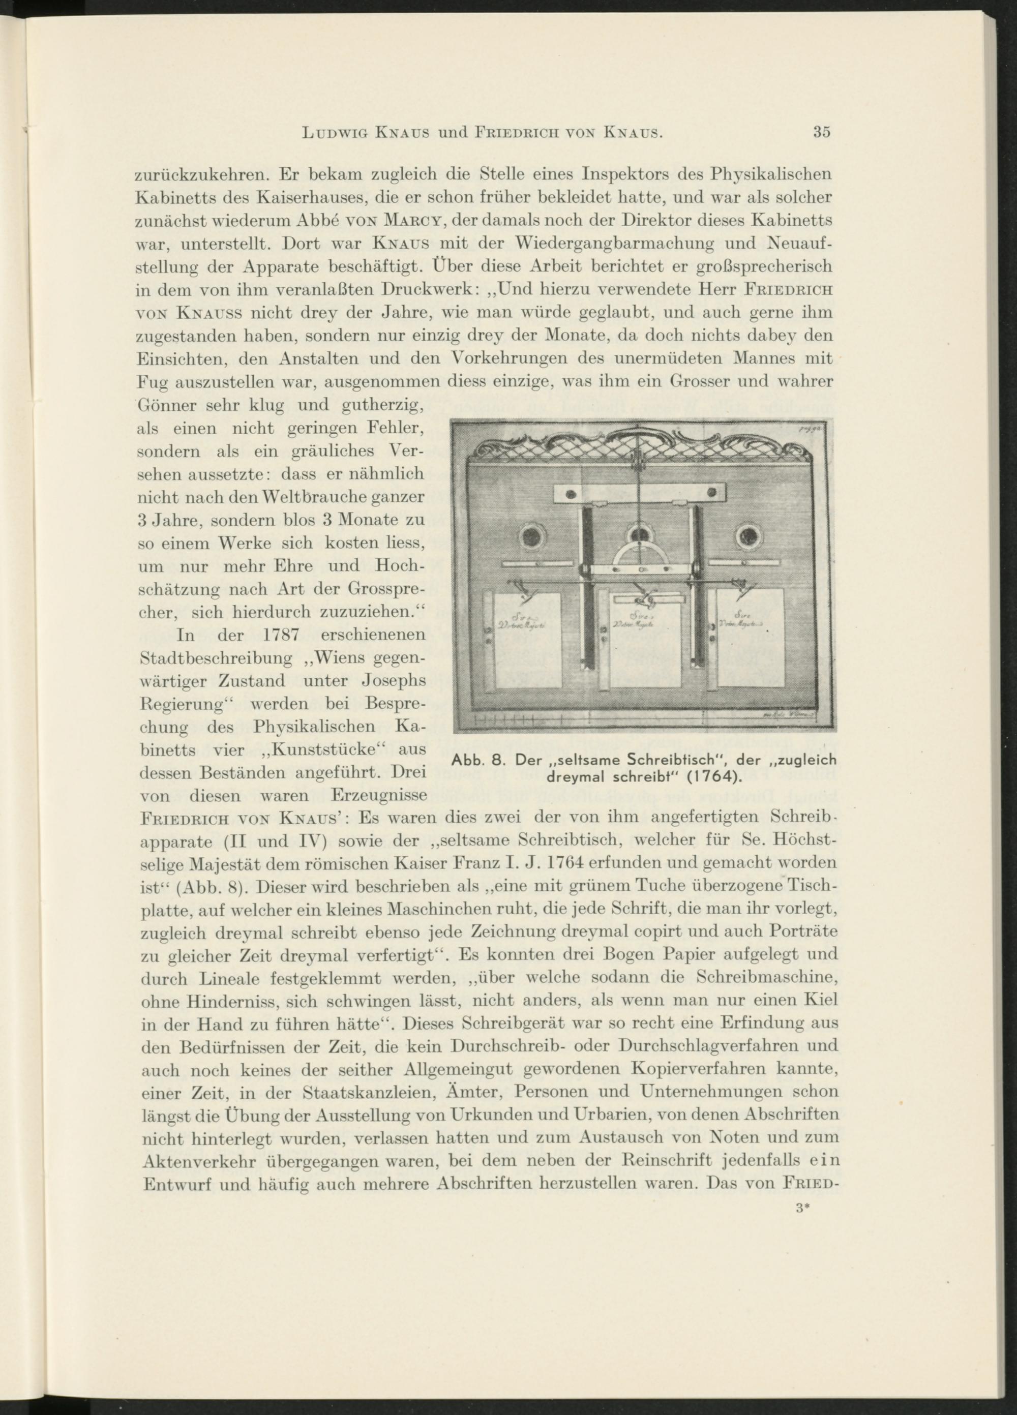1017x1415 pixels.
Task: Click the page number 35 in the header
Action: (x=822, y=132)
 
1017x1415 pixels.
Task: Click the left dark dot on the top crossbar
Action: (x=570, y=494)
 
